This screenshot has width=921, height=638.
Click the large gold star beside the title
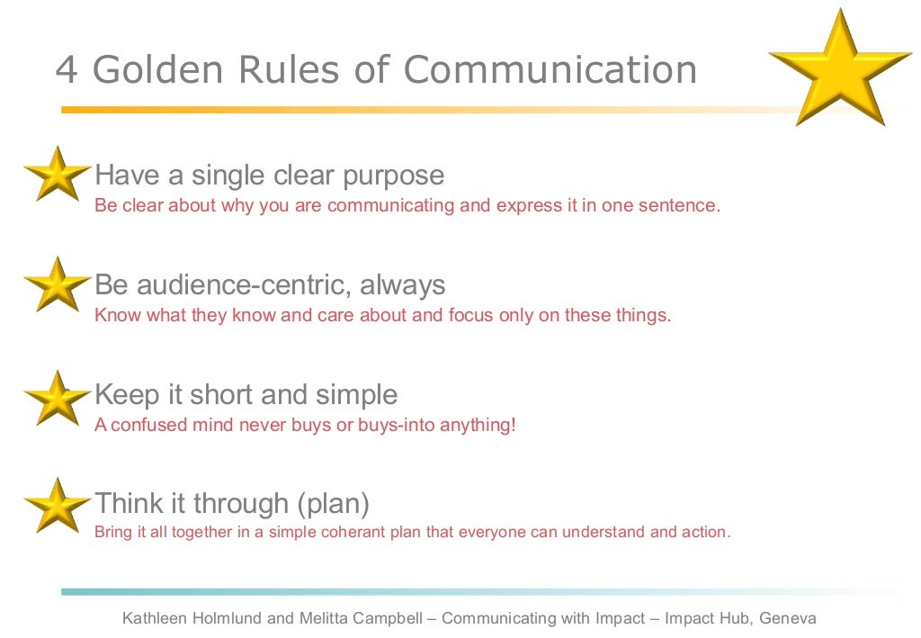tap(840, 67)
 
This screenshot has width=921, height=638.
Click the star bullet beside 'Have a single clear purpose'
tap(57, 174)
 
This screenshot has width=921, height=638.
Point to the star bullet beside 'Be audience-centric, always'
tap(57, 285)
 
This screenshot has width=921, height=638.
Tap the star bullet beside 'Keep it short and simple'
tap(57, 397)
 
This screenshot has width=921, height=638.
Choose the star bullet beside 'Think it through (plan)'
tap(57, 505)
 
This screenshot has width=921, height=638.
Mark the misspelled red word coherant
tap(356, 532)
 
